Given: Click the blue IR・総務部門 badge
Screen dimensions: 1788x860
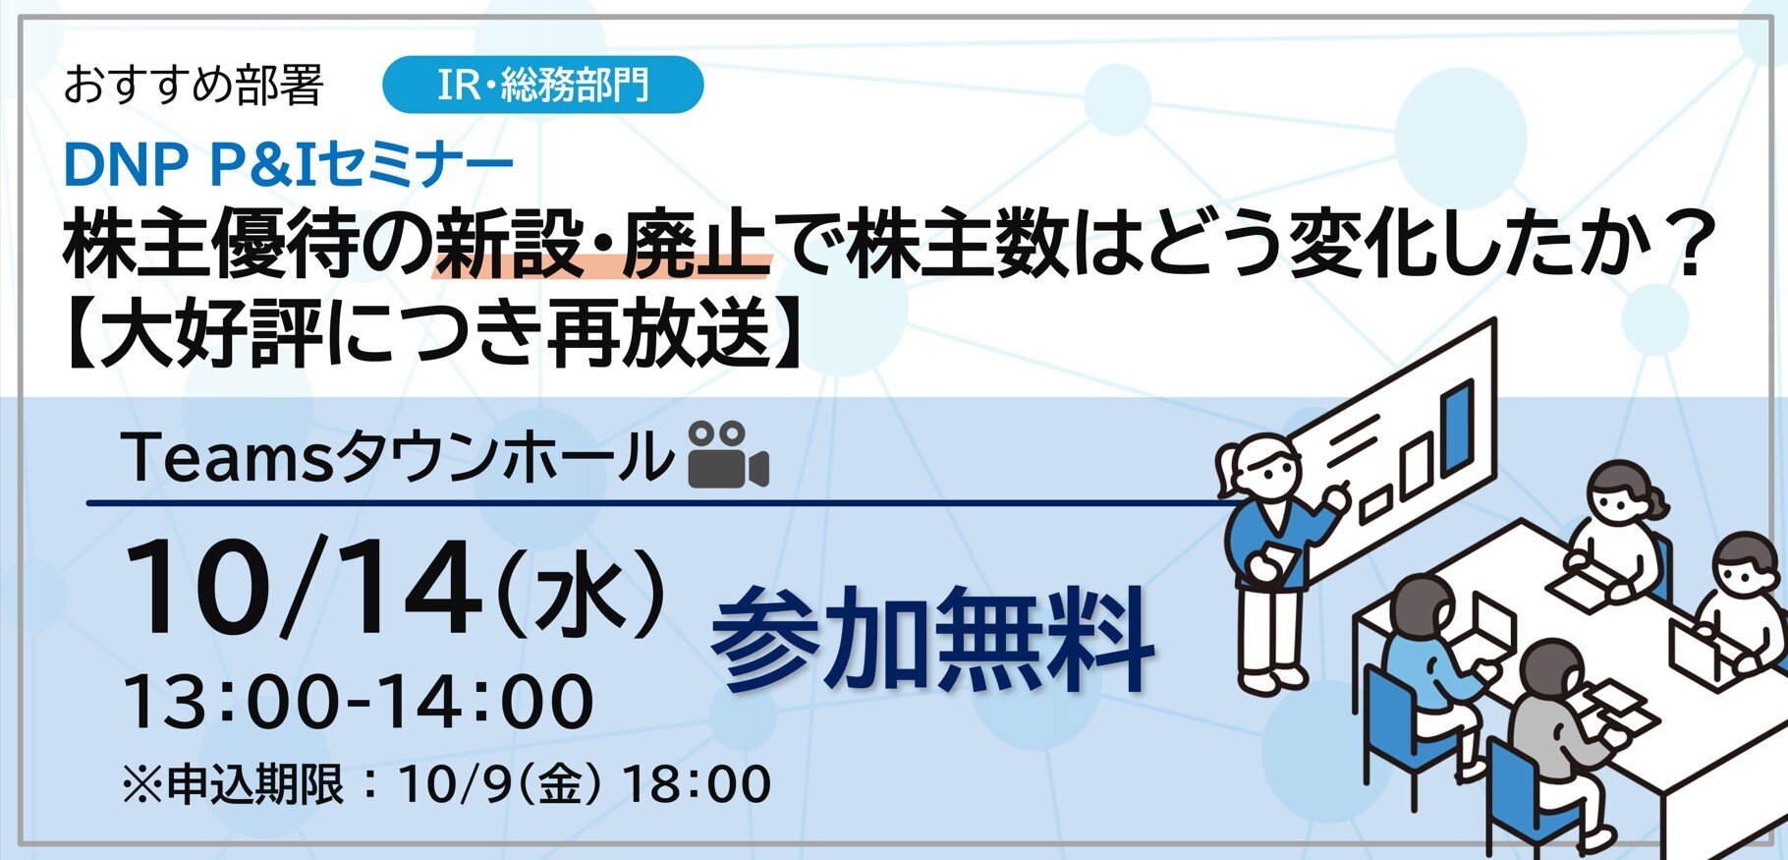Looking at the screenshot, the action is (x=542, y=85).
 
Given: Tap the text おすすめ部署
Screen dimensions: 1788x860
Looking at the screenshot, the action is (x=194, y=86).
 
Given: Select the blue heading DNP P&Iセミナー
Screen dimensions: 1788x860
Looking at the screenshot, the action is (x=288, y=165).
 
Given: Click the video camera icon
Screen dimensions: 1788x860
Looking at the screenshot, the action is (x=728, y=455).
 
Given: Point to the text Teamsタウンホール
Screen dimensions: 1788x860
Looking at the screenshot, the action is (x=399, y=458).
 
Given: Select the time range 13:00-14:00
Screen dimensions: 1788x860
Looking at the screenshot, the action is (x=359, y=702).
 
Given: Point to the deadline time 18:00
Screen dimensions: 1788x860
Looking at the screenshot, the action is (x=698, y=784).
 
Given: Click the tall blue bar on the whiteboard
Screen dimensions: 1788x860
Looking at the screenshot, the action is (x=1458, y=426).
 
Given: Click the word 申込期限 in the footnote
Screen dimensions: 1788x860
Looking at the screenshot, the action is (x=255, y=784).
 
